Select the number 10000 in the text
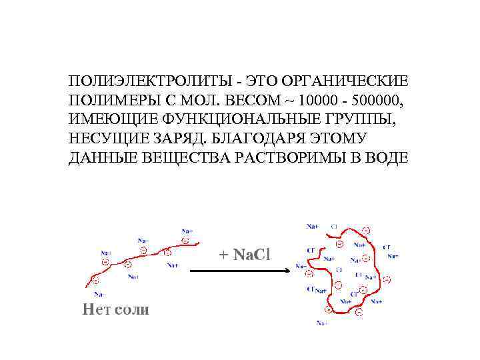319,101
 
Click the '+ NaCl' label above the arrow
244,255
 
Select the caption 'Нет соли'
115,309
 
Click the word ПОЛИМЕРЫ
108,101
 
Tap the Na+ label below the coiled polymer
322,323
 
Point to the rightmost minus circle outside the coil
387,279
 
